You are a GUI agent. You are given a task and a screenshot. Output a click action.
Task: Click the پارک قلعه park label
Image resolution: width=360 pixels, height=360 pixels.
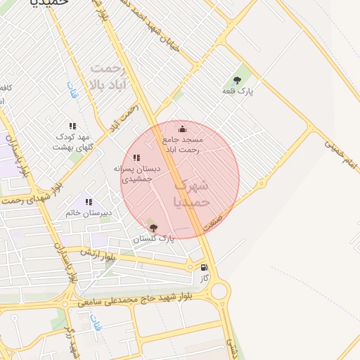pos(238,91)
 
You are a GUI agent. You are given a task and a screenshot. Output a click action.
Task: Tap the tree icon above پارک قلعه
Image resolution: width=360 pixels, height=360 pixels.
pos(237,79)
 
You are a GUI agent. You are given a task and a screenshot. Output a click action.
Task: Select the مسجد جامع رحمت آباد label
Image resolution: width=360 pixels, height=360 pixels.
pos(181,145)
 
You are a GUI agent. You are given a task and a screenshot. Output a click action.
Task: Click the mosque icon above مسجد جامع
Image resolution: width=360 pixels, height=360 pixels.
pos(183,129)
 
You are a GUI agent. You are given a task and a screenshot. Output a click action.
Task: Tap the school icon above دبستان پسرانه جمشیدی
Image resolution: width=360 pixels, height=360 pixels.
pos(136,158)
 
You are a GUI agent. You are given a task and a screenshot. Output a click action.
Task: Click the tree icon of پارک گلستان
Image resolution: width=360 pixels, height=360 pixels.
pos(153,227)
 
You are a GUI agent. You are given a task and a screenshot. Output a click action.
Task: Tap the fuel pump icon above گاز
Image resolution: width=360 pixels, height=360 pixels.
pos(204,267)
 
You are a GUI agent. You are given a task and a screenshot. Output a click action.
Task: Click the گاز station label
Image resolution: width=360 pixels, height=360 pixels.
pos(204,278)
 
